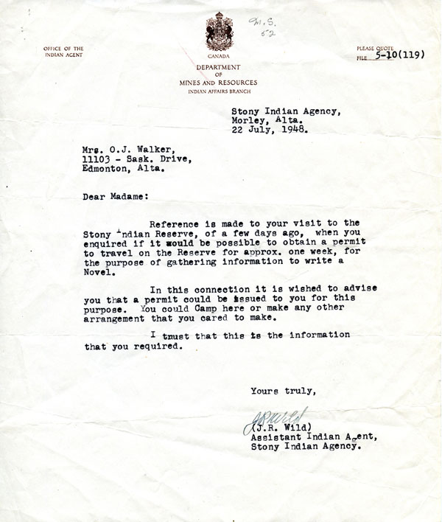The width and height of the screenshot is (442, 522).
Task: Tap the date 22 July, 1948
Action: click(x=267, y=133)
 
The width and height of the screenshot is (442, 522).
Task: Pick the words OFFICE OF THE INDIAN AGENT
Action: click(x=63, y=52)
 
